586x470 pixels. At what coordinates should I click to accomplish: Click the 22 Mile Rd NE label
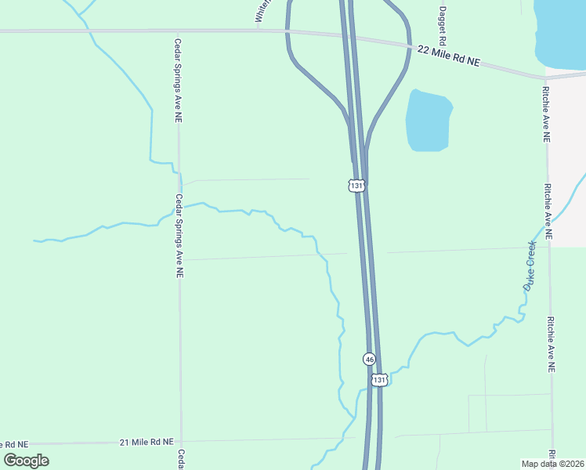tap(447, 56)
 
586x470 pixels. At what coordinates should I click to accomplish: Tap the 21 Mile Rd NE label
tap(146, 443)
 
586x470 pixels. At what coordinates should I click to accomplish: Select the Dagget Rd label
tap(443, 25)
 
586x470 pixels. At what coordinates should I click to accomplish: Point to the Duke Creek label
tap(530, 267)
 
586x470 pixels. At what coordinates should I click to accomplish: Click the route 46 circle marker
tap(370, 359)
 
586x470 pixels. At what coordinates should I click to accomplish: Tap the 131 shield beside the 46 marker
tap(379, 380)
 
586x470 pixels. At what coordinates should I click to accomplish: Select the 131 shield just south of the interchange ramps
tap(356, 186)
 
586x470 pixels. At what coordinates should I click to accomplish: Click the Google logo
tap(27, 460)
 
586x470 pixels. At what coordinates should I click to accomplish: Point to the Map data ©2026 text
tap(552, 464)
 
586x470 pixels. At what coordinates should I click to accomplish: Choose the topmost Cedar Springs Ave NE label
tap(179, 81)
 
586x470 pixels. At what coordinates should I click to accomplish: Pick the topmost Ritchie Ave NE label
tap(546, 114)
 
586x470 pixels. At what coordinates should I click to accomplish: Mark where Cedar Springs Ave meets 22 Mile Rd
tap(179, 31)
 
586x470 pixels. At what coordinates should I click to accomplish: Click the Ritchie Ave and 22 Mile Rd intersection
tap(546, 78)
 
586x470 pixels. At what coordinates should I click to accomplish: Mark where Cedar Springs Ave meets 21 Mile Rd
tap(181, 442)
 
